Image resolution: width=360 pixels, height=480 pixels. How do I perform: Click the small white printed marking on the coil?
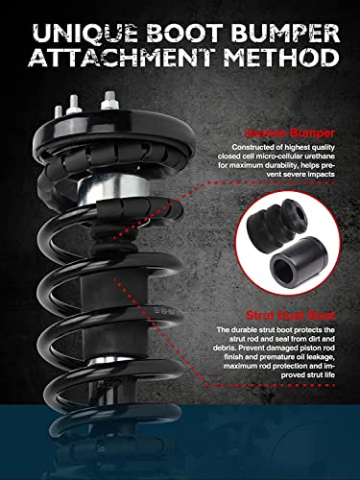pyautogui.click(x=155, y=310)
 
